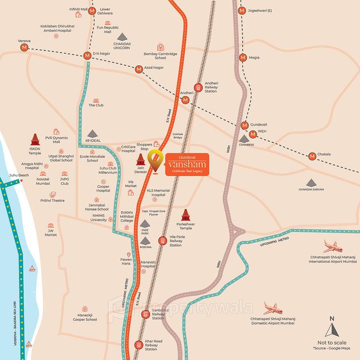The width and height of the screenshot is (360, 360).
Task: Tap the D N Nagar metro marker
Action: pos(87,55)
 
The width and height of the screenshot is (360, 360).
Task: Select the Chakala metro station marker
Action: pos(312,156)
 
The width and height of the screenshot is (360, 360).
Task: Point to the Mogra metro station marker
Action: pos(243,57)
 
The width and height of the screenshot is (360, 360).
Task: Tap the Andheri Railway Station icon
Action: pos(197,83)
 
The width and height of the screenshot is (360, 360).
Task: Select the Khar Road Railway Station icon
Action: pos(139,345)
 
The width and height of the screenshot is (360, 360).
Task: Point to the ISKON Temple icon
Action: pos(34,140)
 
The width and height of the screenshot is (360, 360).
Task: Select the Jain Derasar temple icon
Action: pos(141,160)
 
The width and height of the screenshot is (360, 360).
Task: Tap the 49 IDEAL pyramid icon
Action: pos(92,134)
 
